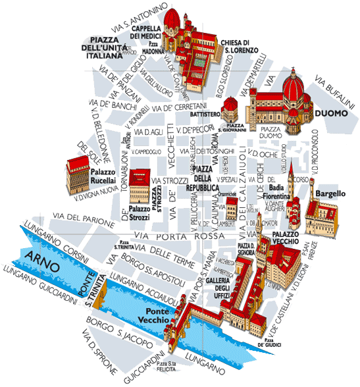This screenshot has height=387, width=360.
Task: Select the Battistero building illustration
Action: [230, 107]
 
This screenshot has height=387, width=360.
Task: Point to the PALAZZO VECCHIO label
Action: [287, 238]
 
